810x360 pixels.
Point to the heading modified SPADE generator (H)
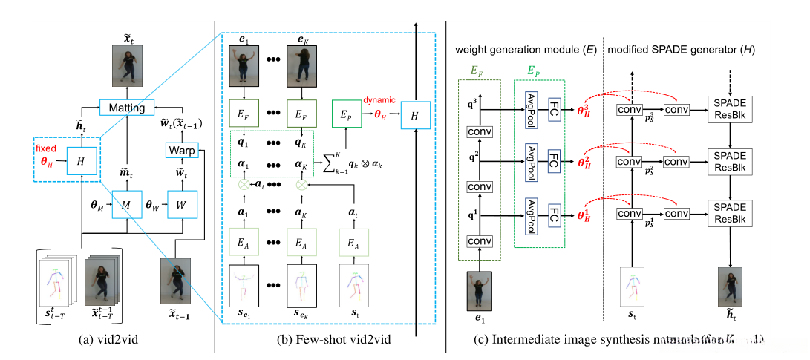(x=682, y=49)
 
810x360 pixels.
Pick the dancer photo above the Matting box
(x=125, y=65)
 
